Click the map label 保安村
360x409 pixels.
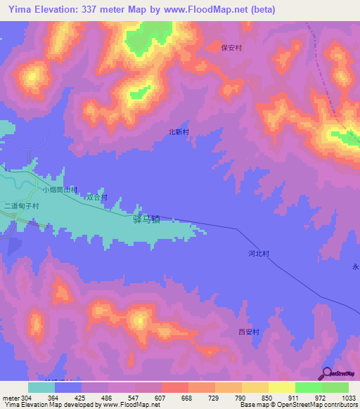(231, 48)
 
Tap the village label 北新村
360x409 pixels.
(179, 131)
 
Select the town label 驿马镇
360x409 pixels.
(146, 220)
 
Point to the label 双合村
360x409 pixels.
(97, 197)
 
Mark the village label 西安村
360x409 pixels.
(249, 332)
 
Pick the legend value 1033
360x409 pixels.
(339, 397)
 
